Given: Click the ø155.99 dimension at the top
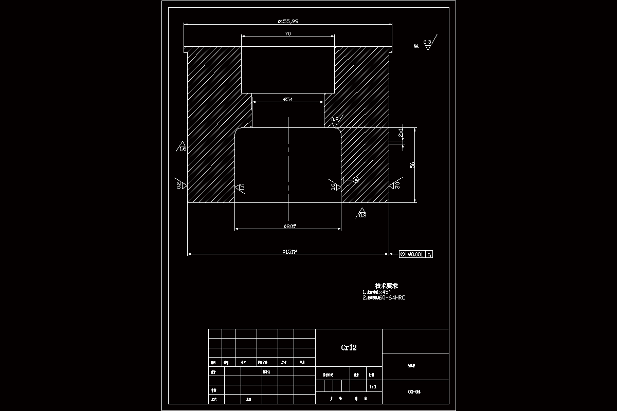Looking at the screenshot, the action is [x=288, y=21].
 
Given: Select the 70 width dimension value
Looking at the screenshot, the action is [x=288, y=33].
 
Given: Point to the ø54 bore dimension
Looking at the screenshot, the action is [x=288, y=99].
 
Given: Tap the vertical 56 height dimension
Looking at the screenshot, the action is [x=412, y=164].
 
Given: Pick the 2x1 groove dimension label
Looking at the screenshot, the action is [x=401, y=134].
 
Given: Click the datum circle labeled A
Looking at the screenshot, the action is [x=355, y=180].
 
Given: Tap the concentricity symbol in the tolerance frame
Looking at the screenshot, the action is [x=403, y=254].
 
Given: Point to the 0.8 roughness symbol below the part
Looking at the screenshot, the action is [x=362, y=213].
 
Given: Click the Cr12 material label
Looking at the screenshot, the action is [x=349, y=348].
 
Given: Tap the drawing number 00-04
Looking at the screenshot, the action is [x=414, y=392].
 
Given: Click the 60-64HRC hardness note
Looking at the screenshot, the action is [x=392, y=297].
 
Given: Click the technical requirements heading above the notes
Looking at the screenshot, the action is [x=387, y=286].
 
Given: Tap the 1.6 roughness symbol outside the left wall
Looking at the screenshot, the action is [x=182, y=146].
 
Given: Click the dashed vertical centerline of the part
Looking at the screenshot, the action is [x=288, y=164].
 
